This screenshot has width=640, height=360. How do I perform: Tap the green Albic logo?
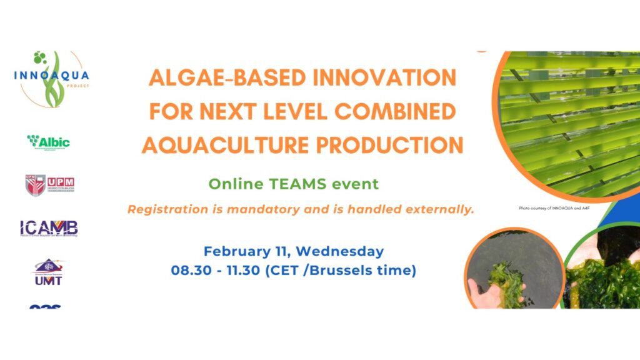(x=49, y=142)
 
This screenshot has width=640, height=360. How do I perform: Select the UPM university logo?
(x=50, y=185)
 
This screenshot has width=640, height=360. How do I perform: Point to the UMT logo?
(x=49, y=273)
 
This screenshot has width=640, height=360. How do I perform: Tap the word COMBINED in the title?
(x=396, y=112)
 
